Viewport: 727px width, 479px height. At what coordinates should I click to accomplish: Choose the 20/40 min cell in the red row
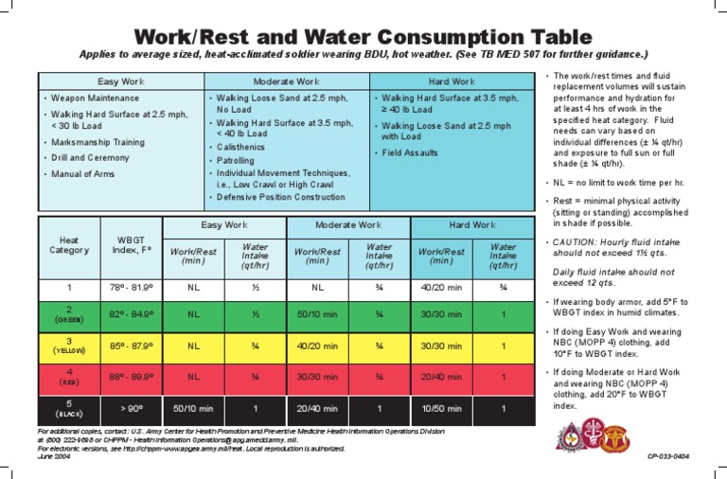441,376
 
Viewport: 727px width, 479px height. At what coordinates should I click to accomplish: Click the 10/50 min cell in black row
441,408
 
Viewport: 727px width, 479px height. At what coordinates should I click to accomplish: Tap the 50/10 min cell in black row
193,408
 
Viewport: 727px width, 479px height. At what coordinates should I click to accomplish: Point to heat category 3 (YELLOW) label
68,346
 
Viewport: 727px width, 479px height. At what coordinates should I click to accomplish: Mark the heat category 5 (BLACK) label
68,408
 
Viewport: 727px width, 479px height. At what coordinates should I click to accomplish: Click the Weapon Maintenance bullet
96,98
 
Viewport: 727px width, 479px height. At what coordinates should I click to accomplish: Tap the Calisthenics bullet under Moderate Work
244,148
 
